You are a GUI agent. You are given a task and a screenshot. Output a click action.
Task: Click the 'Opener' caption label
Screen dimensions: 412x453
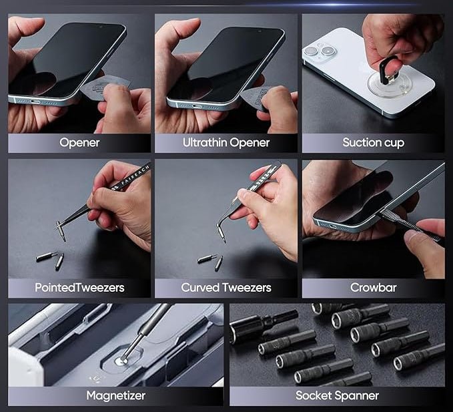click(x=79, y=142)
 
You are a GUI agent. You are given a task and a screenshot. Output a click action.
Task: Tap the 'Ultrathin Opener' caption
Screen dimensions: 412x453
click(x=226, y=142)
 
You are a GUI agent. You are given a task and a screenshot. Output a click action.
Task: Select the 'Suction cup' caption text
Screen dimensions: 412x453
click(x=373, y=142)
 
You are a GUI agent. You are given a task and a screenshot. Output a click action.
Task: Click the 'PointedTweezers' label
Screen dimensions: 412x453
click(x=79, y=288)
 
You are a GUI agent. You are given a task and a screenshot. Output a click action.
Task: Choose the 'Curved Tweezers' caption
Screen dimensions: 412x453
click(x=226, y=288)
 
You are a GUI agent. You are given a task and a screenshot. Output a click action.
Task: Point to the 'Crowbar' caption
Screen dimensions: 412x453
click(x=373, y=288)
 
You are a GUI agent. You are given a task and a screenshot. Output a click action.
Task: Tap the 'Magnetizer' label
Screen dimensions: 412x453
click(x=116, y=396)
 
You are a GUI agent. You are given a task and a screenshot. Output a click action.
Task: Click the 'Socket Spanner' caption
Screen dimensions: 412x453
click(x=337, y=396)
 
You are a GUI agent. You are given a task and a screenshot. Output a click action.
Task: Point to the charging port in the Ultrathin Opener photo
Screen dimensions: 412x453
click(x=193, y=105)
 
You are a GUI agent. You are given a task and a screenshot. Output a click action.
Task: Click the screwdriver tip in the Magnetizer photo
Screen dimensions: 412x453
click(x=122, y=360)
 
